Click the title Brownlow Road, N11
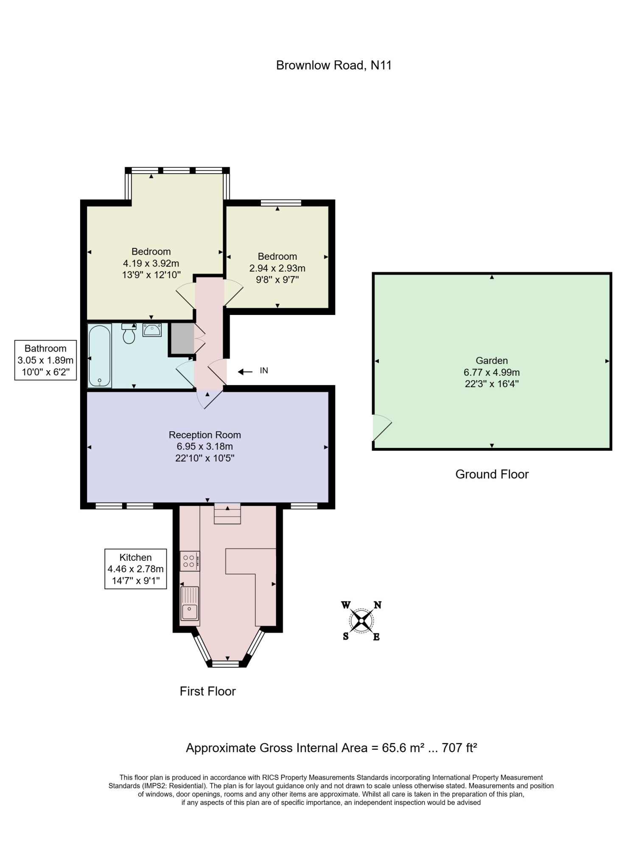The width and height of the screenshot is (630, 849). pos(333,65)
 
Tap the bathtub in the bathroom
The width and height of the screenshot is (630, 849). pos(100,355)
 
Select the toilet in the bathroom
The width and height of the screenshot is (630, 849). pos(129,333)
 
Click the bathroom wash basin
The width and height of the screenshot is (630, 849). pos(152,330)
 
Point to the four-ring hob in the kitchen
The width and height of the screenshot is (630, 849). pos(190,561)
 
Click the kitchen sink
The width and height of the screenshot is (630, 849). pos(190,604)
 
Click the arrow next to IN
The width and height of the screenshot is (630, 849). pos(245,372)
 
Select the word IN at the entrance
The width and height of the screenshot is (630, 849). pos(264,371)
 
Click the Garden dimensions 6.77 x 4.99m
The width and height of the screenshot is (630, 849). pos(492,372)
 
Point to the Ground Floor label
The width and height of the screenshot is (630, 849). pos(492,474)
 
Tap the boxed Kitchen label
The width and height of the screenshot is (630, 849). pos(136,569)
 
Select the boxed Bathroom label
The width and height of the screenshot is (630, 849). pos(45,360)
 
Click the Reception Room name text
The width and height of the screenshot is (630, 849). pos(205,435)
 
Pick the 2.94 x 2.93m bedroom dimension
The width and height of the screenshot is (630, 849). pos(277,268)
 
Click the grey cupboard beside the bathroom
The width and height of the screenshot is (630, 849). pos(181,338)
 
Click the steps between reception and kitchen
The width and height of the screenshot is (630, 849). pos(227,514)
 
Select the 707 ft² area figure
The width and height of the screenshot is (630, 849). pos(459,748)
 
